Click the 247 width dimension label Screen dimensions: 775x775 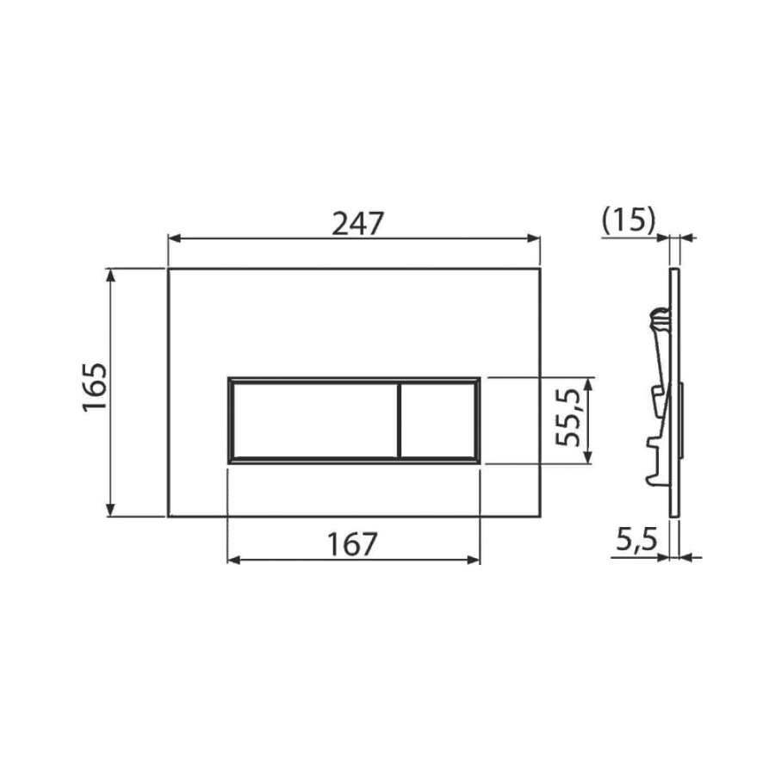point(357,224)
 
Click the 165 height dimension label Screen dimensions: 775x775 point(94,387)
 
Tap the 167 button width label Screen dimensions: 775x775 point(352,544)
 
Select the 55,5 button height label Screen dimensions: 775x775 point(567,418)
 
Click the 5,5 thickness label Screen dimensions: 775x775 point(636,540)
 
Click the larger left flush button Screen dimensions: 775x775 point(314,420)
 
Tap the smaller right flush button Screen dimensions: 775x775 point(437,420)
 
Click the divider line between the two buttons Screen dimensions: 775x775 point(399,420)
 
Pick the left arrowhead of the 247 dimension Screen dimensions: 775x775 point(174,239)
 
